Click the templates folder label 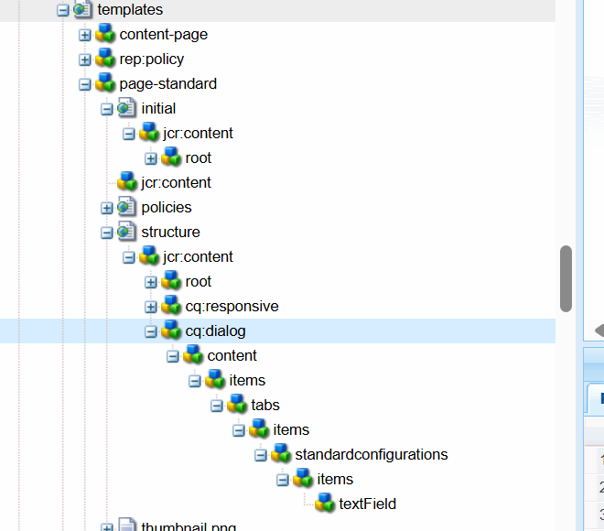tap(130, 10)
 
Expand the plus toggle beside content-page tap(85, 35)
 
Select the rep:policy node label tap(151, 60)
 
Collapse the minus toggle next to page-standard tap(85, 84)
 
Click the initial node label tap(158, 109)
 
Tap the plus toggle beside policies tap(107, 208)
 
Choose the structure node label tap(170, 233)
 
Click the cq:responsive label tap(232, 307)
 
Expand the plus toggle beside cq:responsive tap(151, 307)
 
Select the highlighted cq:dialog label tap(215, 331)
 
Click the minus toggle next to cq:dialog tap(151, 331)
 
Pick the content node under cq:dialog tap(232, 356)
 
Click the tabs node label tap(265, 406)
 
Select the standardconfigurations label tap(371, 455)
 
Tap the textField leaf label tap(367, 504)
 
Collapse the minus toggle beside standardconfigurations tap(261, 455)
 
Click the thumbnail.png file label tap(189, 527)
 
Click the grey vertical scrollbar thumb tap(566, 278)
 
